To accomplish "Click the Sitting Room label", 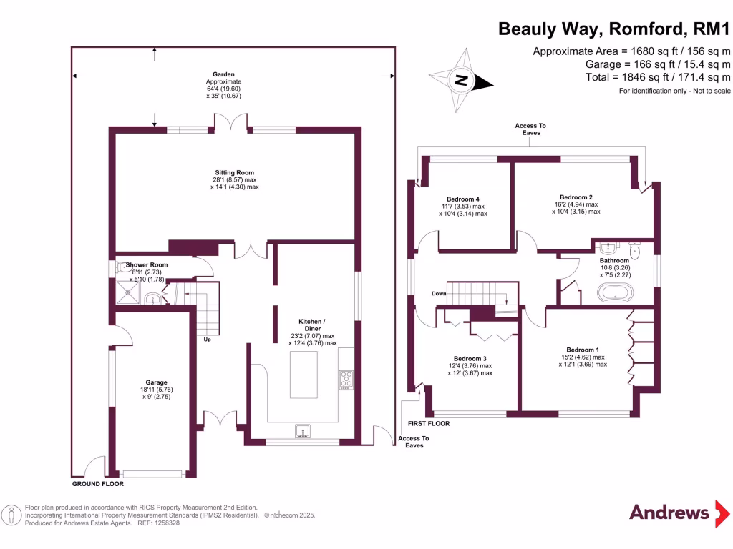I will coord(235,172).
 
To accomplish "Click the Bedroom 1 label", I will coord(583,350).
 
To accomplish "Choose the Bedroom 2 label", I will coord(576,197).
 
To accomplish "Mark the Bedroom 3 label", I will coord(470,358).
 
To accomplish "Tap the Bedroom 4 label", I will coord(462,199).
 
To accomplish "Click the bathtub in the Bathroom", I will coord(615,292).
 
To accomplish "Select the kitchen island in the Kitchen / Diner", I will coord(304,374).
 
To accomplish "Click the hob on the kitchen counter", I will coord(345,378).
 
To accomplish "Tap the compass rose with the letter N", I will coord(462,80).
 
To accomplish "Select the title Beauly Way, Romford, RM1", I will coord(613,29).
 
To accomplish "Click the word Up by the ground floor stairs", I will coord(208,340).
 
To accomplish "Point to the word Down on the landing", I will coord(439,294).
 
